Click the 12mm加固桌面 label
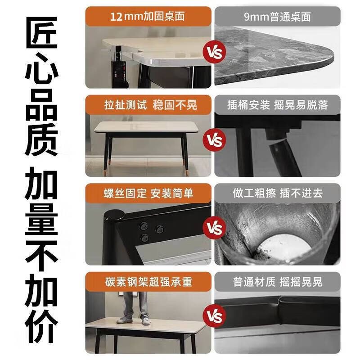tap(148, 18)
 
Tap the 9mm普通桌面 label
tap(278, 18)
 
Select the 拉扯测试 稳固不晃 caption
tap(148, 105)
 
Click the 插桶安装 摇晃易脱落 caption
tap(278, 105)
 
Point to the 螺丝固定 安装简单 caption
tap(148, 193)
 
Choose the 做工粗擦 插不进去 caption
tap(278, 193)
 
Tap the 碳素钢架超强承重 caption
tap(148, 282)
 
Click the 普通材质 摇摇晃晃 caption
tap(278, 282)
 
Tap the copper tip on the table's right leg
tap(186, 171)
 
